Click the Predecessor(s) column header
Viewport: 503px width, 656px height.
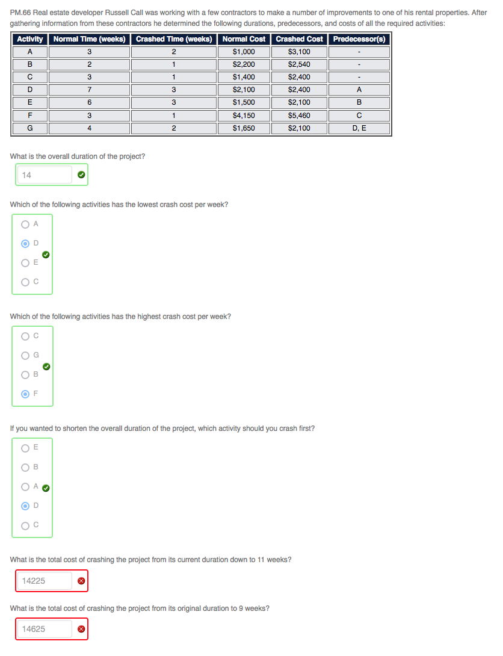click(360, 39)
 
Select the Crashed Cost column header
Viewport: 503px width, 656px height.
click(299, 39)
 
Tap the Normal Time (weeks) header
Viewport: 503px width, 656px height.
click(89, 39)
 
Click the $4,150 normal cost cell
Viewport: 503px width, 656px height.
click(243, 115)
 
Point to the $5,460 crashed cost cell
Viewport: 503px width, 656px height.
click(299, 115)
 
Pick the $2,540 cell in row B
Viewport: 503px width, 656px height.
click(299, 64)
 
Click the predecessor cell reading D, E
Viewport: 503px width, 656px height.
click(360, 128)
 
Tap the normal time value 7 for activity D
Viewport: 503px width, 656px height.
click(89, 90)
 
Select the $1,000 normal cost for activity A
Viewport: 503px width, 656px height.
click(243, 52)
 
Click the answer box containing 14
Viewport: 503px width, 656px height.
click(44, 175)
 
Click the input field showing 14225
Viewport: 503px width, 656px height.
click(44, 581)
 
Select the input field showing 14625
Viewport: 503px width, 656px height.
click(44, 629)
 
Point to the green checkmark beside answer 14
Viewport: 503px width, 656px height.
click(81, 176)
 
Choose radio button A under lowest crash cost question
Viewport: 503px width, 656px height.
click(25, 224)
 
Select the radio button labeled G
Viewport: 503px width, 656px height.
click(25, 356)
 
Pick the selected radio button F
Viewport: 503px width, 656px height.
click(25, 394)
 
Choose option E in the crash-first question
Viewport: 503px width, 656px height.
click(25, 448)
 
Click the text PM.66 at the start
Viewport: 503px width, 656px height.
click(20, 12)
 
